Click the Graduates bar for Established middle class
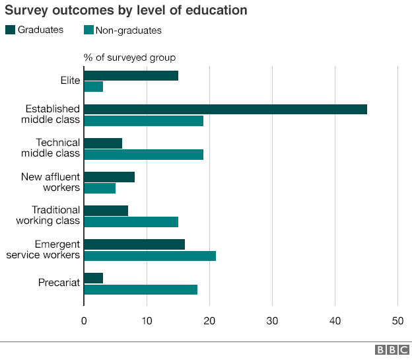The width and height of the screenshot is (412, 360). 225,110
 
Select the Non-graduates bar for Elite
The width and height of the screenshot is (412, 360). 94,87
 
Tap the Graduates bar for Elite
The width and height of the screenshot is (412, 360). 131,75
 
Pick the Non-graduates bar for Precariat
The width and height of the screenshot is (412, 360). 141,289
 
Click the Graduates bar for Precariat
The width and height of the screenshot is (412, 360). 94,278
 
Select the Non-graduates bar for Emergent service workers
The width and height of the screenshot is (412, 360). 150,256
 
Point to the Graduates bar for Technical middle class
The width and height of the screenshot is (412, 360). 103,143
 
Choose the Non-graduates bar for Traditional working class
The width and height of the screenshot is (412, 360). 131,222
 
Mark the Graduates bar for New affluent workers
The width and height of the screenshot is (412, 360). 110,177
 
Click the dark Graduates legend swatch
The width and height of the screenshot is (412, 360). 9,30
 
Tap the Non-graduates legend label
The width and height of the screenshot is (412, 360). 128,30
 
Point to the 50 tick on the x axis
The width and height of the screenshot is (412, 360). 397,321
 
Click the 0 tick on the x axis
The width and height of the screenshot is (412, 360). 84,321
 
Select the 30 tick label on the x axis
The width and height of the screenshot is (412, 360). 272,321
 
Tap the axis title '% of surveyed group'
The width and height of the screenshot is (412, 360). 129,57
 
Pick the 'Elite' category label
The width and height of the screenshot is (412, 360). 69,81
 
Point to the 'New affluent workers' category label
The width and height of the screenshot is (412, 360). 50,182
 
